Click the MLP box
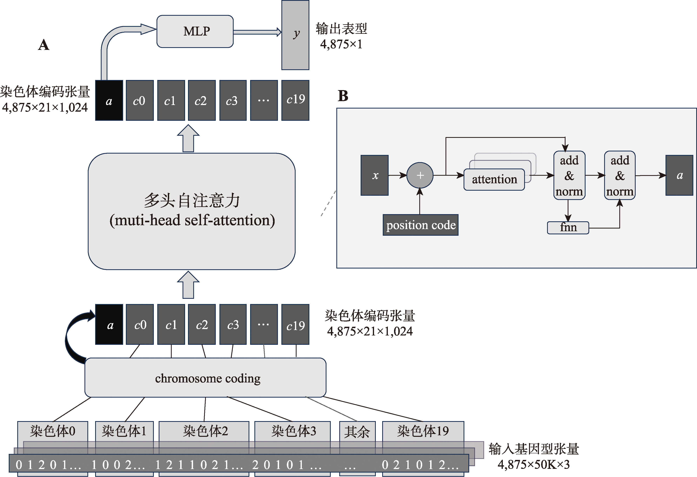[x=195, y=31]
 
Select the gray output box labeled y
[x=295, y=35]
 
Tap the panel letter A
[x=44, y=45]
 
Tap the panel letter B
[x=343, y=96]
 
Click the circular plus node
[x=420, y=175]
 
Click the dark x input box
[x=375, y=175]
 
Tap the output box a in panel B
[x=679, y=175]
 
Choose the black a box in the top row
[x=109, y=100]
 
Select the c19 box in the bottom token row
[x=295, y=325]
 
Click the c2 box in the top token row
[x=202, y=100]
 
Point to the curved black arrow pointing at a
[x=75, y=336]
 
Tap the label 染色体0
[x=53, y=431]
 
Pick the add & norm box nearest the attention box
[x=569, y=175]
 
